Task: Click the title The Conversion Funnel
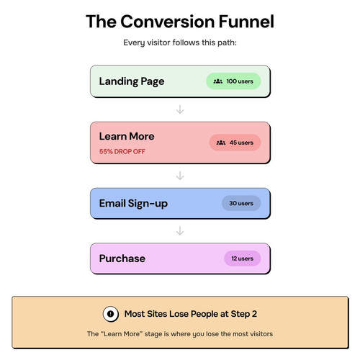point(180,22)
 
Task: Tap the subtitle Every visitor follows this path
point(180,42)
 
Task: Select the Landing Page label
point(132,81)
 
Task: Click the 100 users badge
point(233,81)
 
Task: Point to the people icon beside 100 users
point(218,81)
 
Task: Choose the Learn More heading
point(127,136)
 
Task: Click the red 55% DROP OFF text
point(122,151)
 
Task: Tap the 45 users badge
point(235,143)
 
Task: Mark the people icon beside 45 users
point(221,143)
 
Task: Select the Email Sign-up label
point(133,204)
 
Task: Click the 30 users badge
point(241,203)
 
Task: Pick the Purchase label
point(122,258)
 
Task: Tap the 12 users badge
point(243,258)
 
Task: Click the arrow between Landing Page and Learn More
point(180,109)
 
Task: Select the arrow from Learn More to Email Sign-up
point(180,176)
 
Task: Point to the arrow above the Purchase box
point(180,230)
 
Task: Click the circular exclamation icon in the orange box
point(111,314)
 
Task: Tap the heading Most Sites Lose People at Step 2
point(191,314)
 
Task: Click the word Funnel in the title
point(246,22)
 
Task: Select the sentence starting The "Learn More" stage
point(180,334)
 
